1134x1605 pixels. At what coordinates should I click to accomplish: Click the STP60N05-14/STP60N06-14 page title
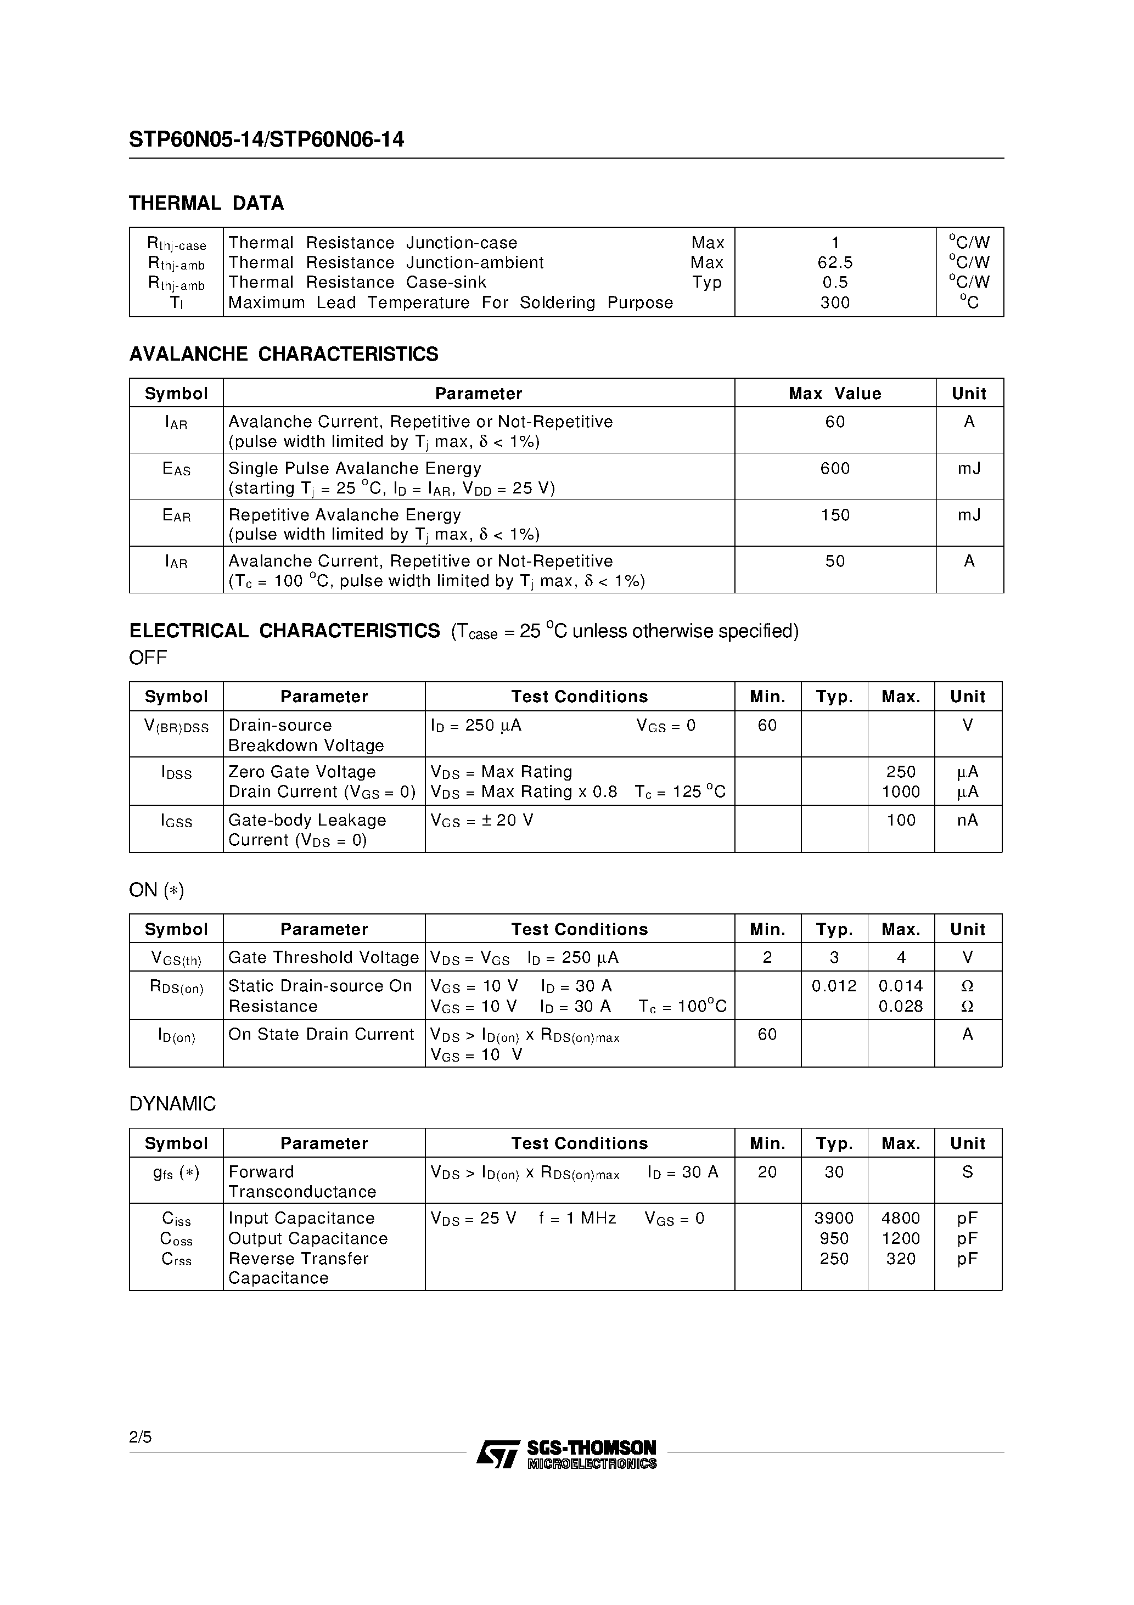266,140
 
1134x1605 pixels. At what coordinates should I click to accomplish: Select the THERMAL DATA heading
206,204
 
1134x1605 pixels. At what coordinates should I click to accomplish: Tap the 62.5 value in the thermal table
835,263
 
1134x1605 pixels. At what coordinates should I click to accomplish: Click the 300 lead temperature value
835,302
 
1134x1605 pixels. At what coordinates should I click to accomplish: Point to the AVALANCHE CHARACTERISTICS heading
284,355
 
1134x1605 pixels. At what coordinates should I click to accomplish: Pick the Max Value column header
835,394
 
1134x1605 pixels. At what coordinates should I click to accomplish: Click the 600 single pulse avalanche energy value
835,468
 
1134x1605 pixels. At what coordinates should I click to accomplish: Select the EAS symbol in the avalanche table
176,469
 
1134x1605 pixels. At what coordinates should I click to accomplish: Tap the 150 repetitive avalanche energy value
835,515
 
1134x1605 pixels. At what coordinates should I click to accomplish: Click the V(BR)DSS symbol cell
176,727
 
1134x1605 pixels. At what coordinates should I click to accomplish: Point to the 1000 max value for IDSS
901,792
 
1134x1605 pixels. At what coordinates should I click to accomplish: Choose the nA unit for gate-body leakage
968,820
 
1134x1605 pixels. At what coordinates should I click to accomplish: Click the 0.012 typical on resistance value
834,986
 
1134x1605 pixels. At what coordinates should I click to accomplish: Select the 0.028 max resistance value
901,1007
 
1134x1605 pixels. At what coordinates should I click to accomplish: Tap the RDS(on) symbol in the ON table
176,987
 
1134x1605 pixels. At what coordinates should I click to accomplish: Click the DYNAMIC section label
173,1104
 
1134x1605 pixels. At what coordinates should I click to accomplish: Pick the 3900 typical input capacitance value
834,1219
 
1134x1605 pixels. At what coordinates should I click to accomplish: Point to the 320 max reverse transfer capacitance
901,1259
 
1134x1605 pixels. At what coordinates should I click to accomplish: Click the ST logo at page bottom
498,1454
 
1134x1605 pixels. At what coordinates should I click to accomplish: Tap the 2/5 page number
141,1437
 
